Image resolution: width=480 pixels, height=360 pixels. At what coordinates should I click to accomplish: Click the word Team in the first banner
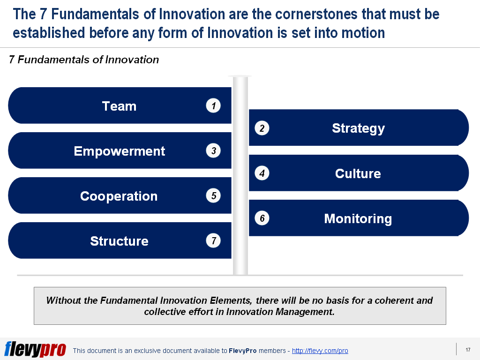tap(119, 106)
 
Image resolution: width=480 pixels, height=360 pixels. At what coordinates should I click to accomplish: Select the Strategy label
tap(358, 128)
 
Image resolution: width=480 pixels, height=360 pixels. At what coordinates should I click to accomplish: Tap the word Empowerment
tap(120, 151)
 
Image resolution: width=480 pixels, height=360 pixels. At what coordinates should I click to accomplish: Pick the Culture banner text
tap(358, 174)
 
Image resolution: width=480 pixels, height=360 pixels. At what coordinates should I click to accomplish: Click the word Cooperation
tap(119, 196)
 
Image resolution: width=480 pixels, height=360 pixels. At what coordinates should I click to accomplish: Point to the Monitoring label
tap(358, 219)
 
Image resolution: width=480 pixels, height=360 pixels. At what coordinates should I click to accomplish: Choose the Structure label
tap(119, 241)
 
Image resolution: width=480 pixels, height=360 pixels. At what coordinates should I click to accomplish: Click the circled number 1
tap(213, 106)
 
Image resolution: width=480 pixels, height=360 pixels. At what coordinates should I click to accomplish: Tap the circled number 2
tap(262, 128)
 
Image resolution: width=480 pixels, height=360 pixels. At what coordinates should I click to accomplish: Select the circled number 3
tap(213, 151)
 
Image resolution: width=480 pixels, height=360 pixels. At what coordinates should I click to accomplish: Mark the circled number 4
tap(262, 173)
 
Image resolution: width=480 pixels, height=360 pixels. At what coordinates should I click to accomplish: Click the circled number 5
tap(213, 196)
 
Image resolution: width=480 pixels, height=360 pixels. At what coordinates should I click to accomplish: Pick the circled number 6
tap(262, 218)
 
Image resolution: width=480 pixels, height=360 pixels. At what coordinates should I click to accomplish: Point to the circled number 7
tap(213, 241)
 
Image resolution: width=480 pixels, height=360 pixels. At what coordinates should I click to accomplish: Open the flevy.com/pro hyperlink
tap(320, 351)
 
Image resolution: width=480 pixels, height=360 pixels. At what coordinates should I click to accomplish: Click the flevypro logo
tap(35, 349)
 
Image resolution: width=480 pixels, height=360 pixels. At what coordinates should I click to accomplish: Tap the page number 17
tap(468, 350)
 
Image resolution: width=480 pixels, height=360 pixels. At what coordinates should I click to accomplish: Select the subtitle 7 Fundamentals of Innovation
tap(84, 60)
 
